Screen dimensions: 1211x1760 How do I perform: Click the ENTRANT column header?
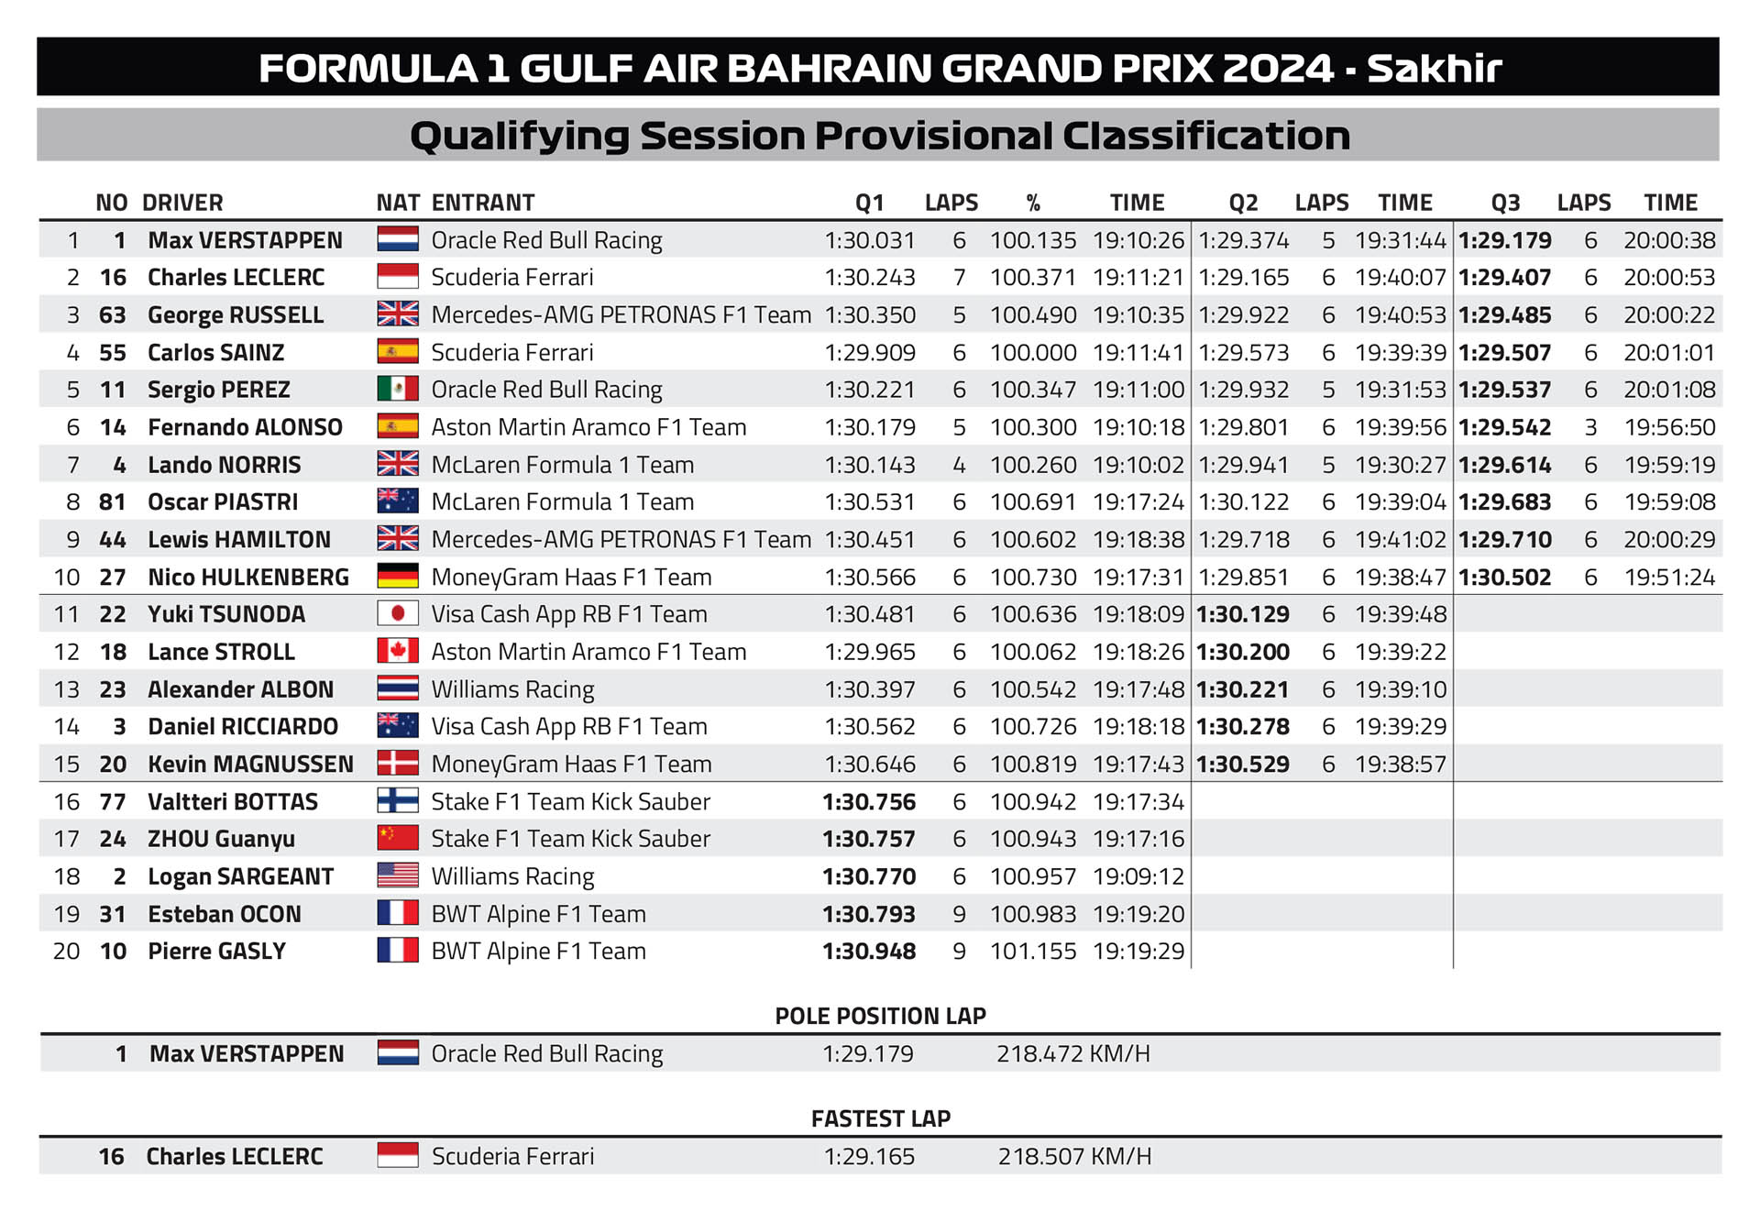[483, 203]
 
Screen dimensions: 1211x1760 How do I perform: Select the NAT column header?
[398, 203]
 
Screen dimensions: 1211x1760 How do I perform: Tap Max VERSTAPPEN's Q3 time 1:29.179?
[1504, 240]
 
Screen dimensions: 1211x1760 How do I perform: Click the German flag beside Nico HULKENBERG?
[398, 577]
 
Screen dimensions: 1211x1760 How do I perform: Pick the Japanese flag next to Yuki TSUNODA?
[398, 614]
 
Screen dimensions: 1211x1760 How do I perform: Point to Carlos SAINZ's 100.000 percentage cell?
[1033, 352]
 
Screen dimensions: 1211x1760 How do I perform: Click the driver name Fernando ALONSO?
[245, 427]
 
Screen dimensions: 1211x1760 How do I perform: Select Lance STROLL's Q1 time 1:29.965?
[870, 652]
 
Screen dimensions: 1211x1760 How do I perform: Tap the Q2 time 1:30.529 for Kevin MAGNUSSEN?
[1243, 765]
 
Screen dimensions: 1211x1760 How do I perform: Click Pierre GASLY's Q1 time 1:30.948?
[869, 952]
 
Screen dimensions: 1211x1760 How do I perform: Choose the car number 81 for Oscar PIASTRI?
[112, 502]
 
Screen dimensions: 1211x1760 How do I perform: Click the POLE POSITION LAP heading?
[880, 1016]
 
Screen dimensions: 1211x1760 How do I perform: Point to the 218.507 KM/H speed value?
[1074, 1157]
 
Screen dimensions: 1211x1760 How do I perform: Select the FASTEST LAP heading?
[880, 1118]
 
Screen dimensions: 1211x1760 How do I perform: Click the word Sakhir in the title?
[1434, 69]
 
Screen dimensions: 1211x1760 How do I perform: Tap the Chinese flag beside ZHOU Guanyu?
[398, 839]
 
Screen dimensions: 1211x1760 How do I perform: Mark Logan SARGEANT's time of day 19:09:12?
[1138, 876]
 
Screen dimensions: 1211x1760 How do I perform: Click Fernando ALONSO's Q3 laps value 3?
[1590, 427]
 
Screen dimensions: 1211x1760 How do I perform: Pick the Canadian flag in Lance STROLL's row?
[398, 652]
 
